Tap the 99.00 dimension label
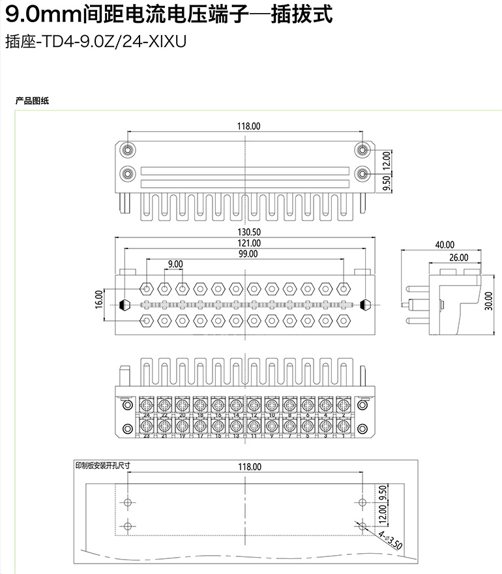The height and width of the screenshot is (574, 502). [x=248, y=254]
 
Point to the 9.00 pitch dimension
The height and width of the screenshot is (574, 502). [x=175, y=264]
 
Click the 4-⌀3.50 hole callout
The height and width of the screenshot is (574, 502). [x=390, y=539]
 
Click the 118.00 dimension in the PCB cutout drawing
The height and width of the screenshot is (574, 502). [x=248, y=466]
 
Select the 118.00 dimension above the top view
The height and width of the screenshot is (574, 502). [x=248, y=126]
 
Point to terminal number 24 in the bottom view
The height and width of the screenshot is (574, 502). [x=146, y=415]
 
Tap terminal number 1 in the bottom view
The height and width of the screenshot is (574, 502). [x=344, y=436]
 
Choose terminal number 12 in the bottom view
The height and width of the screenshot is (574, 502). [x=254, y=415]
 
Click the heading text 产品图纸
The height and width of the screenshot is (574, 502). [x=33, y=100]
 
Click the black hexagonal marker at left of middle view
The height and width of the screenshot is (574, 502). [x=125, y=304]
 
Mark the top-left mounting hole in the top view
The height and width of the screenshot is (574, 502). [x=128, y=150]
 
